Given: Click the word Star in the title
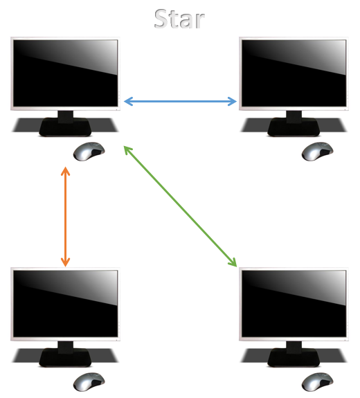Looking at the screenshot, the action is (x=179, y=19).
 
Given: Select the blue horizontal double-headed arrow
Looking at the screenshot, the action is (x=180, y=101).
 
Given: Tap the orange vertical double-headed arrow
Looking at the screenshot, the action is (x=66, y=217).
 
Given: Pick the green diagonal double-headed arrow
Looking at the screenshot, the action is (x=180, y=206).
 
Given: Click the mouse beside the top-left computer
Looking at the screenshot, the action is (x=89, y=152).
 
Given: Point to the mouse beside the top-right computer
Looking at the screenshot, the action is (x=317, y=152).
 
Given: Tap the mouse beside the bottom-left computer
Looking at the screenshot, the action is (x=89, y=382).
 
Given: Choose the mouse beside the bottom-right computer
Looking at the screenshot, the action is (x=317, y=382).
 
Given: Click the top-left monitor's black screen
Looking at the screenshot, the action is (x=66, y=73).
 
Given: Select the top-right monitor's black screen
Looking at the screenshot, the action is (x=294, y=73).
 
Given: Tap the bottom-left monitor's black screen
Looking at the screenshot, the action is (x=66, y=304).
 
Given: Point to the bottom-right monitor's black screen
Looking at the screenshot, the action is (x=294, y=304).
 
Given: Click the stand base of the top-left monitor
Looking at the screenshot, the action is (x=65, y=127).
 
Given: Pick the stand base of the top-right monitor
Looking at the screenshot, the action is (x=294, y=127).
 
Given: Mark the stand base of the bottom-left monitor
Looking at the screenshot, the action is (x=65, y=357).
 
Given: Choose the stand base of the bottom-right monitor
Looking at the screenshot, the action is (x=294, y=357).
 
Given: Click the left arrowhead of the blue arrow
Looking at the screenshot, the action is (x=128, y=101).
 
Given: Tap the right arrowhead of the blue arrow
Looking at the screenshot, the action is (x=233, y=101).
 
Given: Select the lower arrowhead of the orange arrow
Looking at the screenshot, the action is (x=66, y=263).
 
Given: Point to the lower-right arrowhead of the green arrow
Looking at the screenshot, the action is (x=233, y=263).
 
